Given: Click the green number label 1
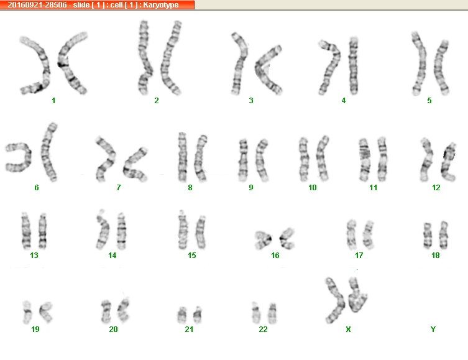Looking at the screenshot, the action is [53, 101].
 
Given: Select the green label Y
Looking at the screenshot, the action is [433, 330].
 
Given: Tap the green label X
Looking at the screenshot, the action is [348, 330].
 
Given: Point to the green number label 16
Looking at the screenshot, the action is [275, 255].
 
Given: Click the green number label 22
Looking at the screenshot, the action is [263, 330].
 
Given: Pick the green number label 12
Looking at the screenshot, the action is [436, 188].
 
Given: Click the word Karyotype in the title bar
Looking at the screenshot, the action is [160, 5].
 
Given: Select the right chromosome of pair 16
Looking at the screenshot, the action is [286, 238].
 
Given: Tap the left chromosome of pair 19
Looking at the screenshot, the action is [27, 312].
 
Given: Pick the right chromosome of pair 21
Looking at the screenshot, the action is [197, 315].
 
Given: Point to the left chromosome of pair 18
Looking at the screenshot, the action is [428, 235].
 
